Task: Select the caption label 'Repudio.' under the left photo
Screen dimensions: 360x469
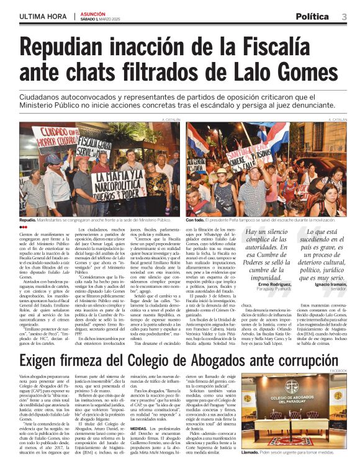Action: [x=28, y=220]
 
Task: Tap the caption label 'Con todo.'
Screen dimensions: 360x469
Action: [x=196, y=220]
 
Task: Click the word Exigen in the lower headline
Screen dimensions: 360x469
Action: [x=45, y=362]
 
